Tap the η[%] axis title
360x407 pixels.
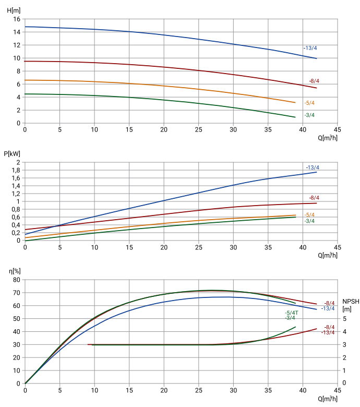click(14, 271)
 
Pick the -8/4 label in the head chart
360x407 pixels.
click(314, 81)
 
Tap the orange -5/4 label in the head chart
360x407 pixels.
click(309, 103)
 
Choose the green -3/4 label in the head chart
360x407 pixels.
click(309, 115)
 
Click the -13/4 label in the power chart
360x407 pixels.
click(313, 167)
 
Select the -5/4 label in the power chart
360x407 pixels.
click(309, 215)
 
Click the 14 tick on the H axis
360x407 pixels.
click(17, 32)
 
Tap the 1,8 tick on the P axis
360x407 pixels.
click(16, 170)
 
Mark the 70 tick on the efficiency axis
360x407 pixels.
click(17, 293)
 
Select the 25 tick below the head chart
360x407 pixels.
click(199, 130)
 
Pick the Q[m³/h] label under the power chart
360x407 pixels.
click(327, 255)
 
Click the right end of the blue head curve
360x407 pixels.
click(316, 58)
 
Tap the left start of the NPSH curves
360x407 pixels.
click(88, 344)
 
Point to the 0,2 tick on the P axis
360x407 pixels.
click(16, 233)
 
